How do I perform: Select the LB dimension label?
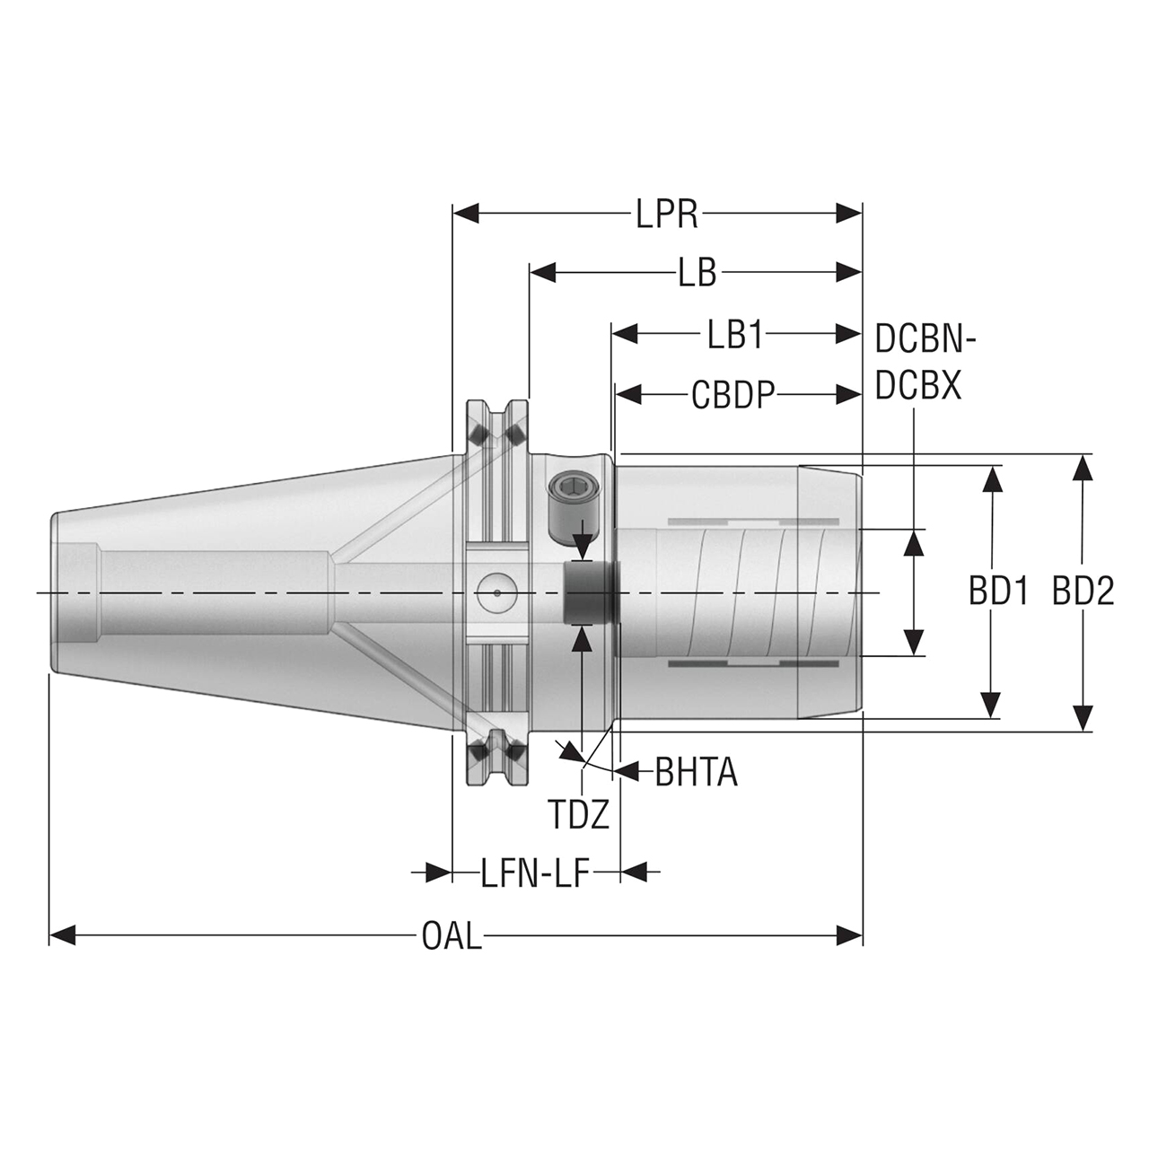pos(697,273)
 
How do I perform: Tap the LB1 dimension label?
pos(734,335)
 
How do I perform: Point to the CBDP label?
pos(732,395)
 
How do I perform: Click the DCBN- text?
pos(925,340)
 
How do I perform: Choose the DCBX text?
pos(918,387)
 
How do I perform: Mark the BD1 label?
pos(998,592)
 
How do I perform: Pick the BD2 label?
pos(1083,592)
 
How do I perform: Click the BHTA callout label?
pos(696,772)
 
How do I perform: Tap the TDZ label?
pos(579,814)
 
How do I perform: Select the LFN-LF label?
pos(535,873)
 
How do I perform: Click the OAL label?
pos(452,937)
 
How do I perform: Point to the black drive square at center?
pos(587,592)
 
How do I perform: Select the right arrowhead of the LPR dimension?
pos(849,214)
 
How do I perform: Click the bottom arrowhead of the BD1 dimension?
pos(991,705)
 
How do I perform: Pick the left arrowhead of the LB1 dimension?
pos(625,335)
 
